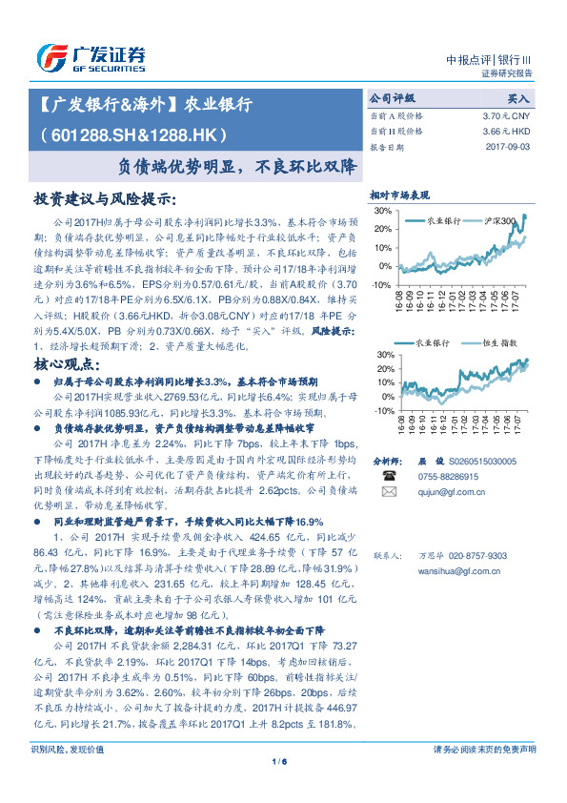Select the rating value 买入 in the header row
point(518,97)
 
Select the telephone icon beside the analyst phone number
point(389,474)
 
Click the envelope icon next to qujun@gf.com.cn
point(389,492)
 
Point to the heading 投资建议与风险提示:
point(105,200)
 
